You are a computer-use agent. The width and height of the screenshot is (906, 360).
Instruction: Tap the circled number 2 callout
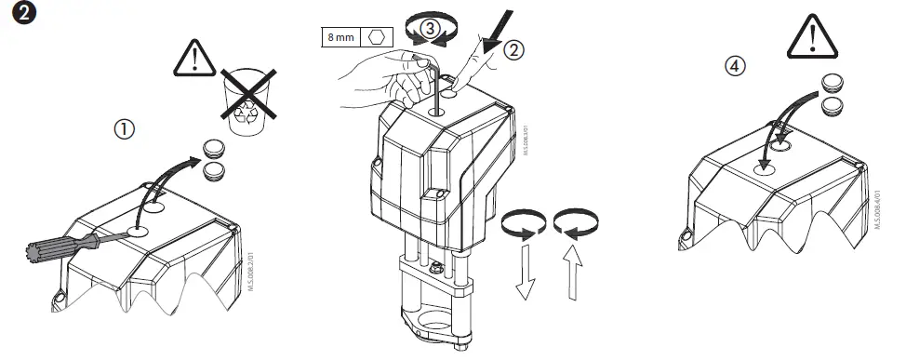[x=514, y=50]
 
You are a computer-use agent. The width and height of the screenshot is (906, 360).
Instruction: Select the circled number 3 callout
[x=430, y=29]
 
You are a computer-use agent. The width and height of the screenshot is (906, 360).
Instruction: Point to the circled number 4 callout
[x=736, y=66]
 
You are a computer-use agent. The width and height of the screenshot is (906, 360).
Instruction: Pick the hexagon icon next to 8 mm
[x=377, y=37]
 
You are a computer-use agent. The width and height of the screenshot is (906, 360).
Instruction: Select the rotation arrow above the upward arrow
[x=573, y=223]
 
